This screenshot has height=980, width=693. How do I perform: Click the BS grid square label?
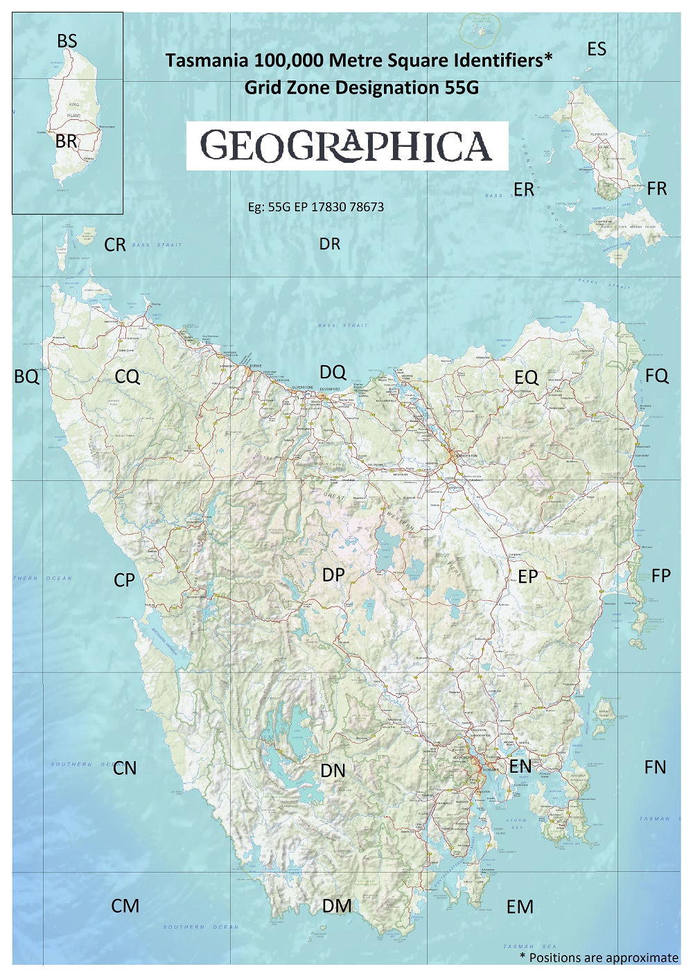coord(67,42)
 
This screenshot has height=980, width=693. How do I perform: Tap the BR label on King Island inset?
coord(67,141)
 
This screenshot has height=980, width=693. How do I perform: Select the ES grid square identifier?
coord(597,49)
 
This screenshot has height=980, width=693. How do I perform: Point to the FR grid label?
coord(657,189)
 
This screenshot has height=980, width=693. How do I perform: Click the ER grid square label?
coord(524,189)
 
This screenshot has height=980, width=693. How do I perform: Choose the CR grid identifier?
coord(115,245)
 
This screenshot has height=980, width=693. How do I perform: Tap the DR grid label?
coord(330,244)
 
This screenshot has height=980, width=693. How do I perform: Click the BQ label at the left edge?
coord(27,377)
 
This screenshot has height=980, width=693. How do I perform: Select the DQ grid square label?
coord(333,373)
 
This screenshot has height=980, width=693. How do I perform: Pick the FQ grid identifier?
coord(657,376)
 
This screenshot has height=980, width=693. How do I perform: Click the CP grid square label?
coord(125,581)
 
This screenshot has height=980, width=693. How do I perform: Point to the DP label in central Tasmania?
coord(333,575)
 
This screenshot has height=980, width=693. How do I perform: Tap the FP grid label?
coord(661,576)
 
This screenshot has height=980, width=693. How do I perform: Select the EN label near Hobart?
coord(520,767)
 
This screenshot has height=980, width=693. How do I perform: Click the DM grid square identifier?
coord(337,906)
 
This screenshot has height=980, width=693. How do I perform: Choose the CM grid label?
coord(125,906)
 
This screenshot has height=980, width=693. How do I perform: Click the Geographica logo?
coord(346,146)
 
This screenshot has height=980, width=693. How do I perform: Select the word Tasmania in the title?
coord(208,61)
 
